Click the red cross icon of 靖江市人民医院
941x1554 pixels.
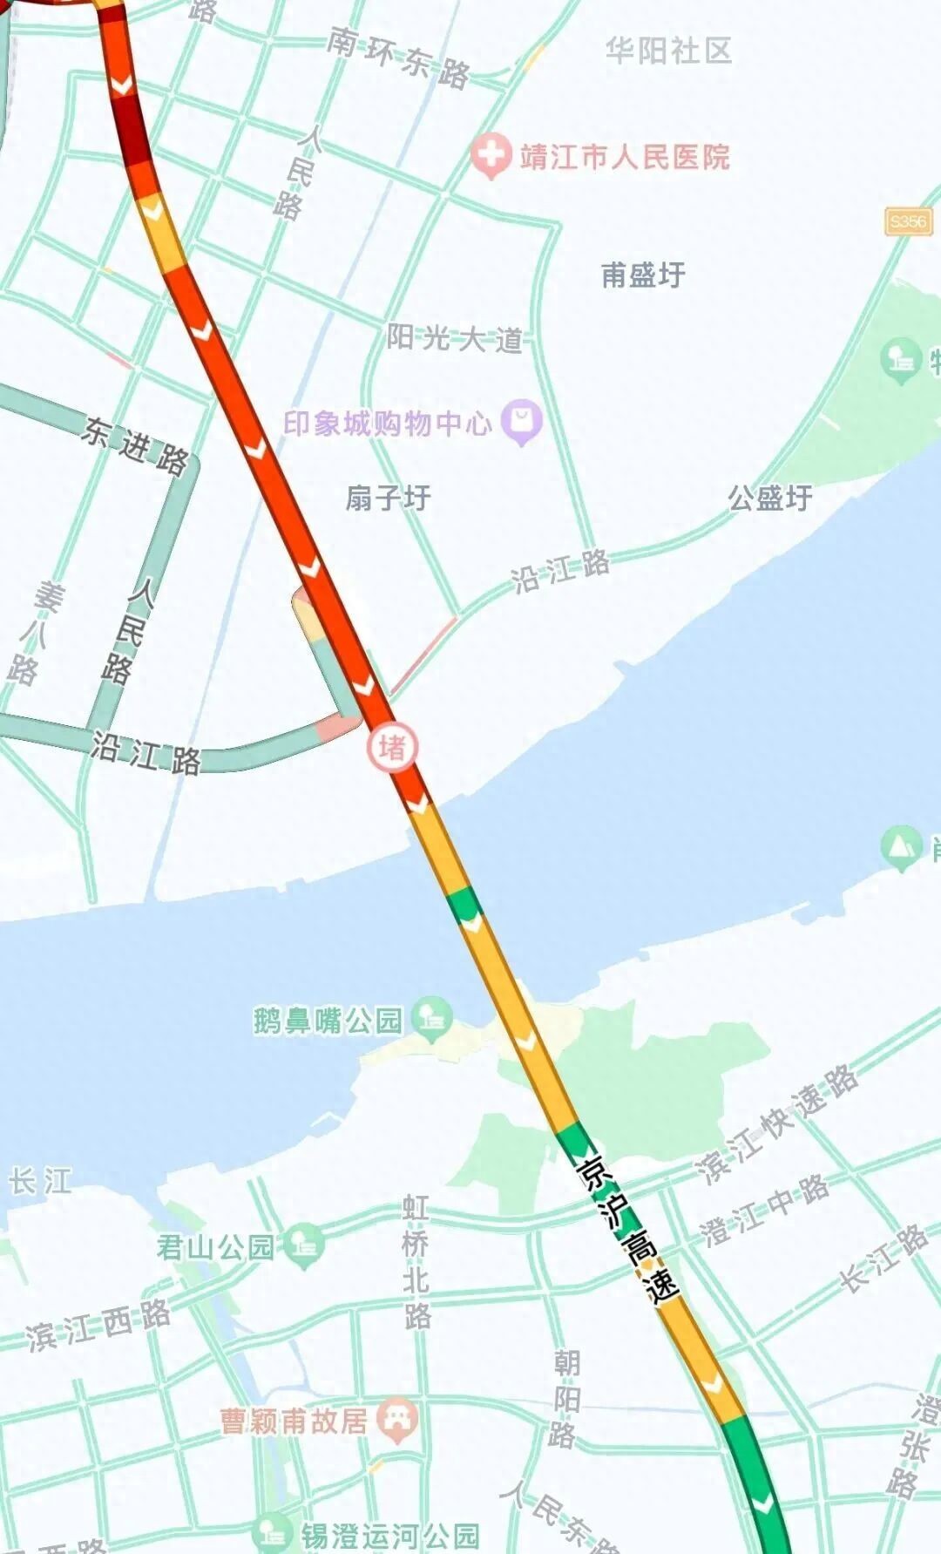tap(491, 156)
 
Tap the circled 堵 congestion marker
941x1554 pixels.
tap(392, 748)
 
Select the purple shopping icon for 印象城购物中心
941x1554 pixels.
tap(522, 423)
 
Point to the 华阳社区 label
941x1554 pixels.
tap(668, 51)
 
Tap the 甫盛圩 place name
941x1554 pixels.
tap(643, 275)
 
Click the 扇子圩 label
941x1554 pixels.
tap(388, 499)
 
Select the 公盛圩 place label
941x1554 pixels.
tap(769, 499)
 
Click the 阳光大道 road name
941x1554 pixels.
tap(454, 337)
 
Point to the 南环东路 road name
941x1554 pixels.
tap(399, 58)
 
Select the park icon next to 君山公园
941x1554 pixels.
tap(304, 1245)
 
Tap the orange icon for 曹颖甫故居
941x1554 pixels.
tap(397, 1421)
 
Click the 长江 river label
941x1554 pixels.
tap(40, 1182)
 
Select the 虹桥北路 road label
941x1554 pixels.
tap(416, 1260)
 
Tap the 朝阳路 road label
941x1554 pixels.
tap(565, 1398)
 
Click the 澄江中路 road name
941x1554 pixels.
tap(765, 1211)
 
